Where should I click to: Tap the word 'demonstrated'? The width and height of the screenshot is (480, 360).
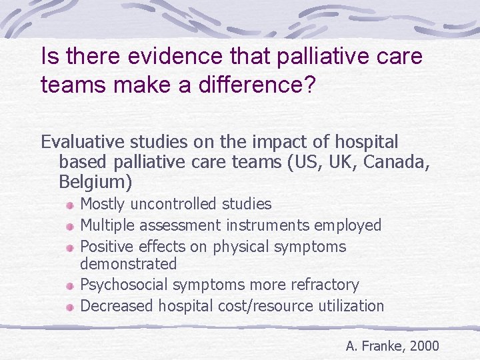pos(128,264)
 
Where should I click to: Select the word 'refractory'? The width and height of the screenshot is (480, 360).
pos(325,285)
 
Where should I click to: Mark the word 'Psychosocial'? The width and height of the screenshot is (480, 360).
pos(124,285)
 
